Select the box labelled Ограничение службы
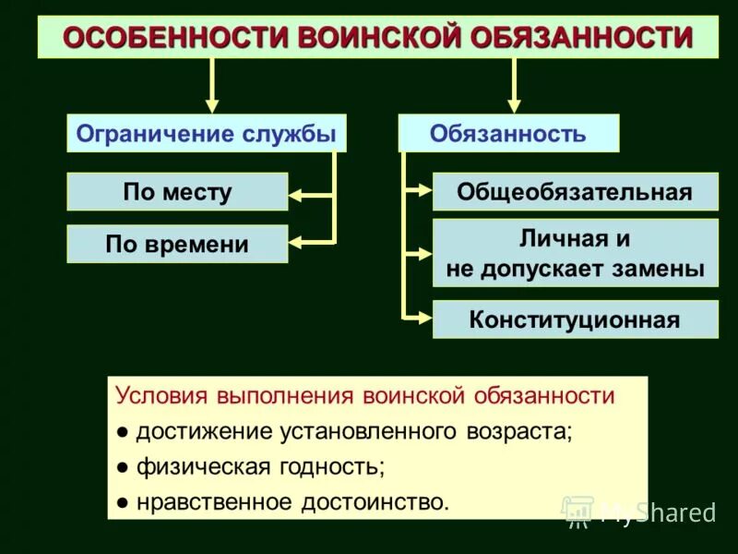click(206, 134)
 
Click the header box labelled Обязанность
click(507, 134)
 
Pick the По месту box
click(177, 192)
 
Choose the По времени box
click(177, 245)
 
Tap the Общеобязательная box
click(575, 192)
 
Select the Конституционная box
click(575, 319)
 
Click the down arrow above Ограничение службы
click(212, 103)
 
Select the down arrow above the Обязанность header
click(514, 103)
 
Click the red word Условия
click(161, 396)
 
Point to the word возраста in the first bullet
click(522, 431)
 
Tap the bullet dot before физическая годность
click(123, 467)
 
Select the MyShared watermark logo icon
click(577, 511)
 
